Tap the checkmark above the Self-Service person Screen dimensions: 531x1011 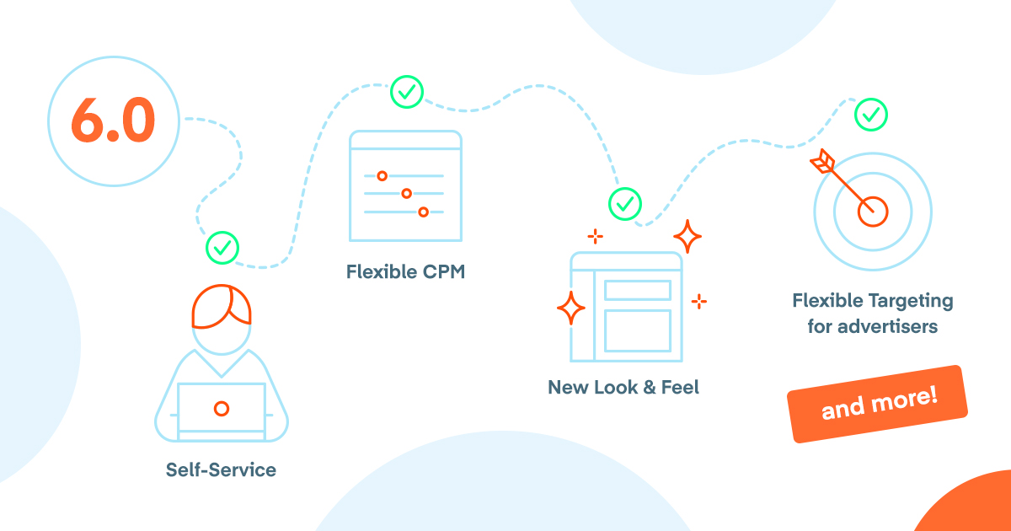pyautogui.click(x=222, y=248)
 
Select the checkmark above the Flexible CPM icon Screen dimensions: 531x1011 pyautogui.click(x=407, y=92)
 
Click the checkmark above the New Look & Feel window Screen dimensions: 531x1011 pyautogui.click(x=625, y=203)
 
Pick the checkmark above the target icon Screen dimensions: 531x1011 pyautogui.click(x=871, y=113)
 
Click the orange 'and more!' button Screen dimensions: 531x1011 pyautogui.click(x=878, y=404)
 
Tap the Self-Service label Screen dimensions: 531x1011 pyautogui.click(x=221, y=469)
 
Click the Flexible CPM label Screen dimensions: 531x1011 pyautogui.click(x=405, y=272)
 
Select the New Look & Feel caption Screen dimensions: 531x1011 pyautogui.click(x=623, y=388)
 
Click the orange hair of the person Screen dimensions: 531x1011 pyautogui.click(x=221, y=306)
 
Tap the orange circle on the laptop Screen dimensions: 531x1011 pyautogui.click(x=222, y=409)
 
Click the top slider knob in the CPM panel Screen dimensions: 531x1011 pyautogui.click(x=382, y=176)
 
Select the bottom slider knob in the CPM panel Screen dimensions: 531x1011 pyautogui.click(x=423, y=212)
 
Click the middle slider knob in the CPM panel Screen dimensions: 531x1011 pyautogui.click(x=406, y=194)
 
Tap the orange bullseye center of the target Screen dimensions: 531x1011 pyautogui.click(x=873, y=212)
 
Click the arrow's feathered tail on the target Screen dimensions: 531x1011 pyautogui.click(x=820, y=161)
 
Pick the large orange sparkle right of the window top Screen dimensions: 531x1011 pyautogui.click(x=687, y=237)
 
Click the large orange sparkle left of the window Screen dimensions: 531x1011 pyautogui.click(x=570, y=308)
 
